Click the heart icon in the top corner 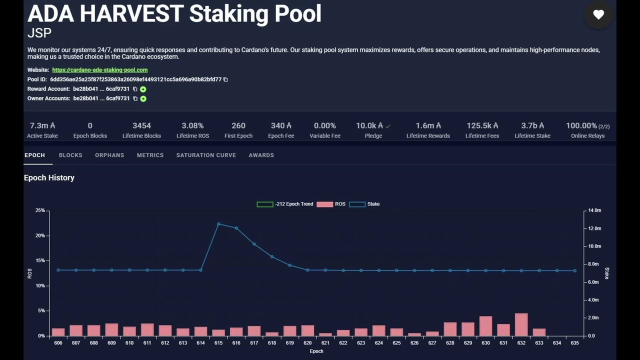coord(598,14)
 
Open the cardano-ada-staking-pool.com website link coord(99,70)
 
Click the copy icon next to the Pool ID coord(225,79)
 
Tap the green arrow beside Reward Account coord(143,89)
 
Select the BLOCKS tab coord(70,155)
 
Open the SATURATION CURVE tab coord(206,155)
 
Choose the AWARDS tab coord(261,155)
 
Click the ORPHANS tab coord(109,155)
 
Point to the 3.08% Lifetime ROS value coord(192,125)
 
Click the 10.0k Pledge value coord(369,125)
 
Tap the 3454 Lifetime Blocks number coord(141,125)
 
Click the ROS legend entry coord(331,204)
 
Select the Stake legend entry coord(364,204)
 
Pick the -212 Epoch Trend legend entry coord(285,204)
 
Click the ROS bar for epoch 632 coord(521,324)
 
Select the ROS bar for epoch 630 coord(485,326)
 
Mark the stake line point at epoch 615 coord(218,224)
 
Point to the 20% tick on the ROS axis coord(40,235)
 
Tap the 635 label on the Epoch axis coord(574,343)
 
